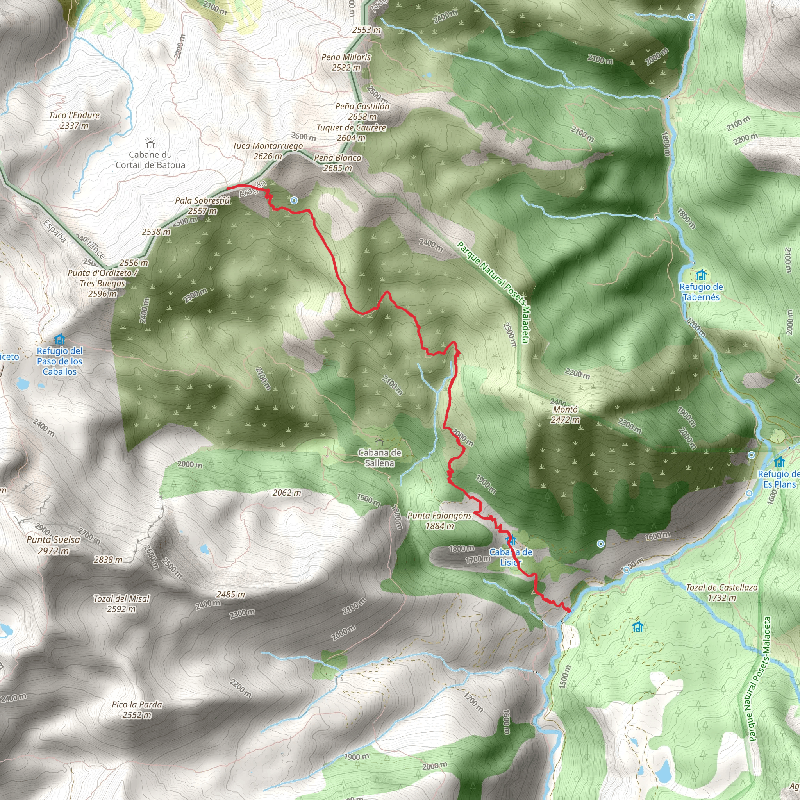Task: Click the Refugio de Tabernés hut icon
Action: tap(701, 275)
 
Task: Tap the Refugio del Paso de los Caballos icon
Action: tap(60, 339)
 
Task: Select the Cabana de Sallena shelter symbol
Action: tap(379, 441)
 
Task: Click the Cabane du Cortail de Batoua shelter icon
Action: tap(150, 143)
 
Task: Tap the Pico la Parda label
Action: tap(137, 710)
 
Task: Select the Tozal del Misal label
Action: tap(121, 603)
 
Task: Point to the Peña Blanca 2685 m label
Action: tap(337, 163)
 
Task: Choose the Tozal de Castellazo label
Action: tap(722, 593)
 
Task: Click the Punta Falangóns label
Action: tap(440, 520)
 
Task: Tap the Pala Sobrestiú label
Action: tap(202, 205)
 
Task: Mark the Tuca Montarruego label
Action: tap(268, 151)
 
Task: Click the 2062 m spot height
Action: tap(287, 493)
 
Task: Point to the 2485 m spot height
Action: tap(230, 594)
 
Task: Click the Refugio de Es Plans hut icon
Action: tap(779, 462)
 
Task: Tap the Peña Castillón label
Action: tap(362, 111)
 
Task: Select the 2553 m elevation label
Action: tap(366, 30)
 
